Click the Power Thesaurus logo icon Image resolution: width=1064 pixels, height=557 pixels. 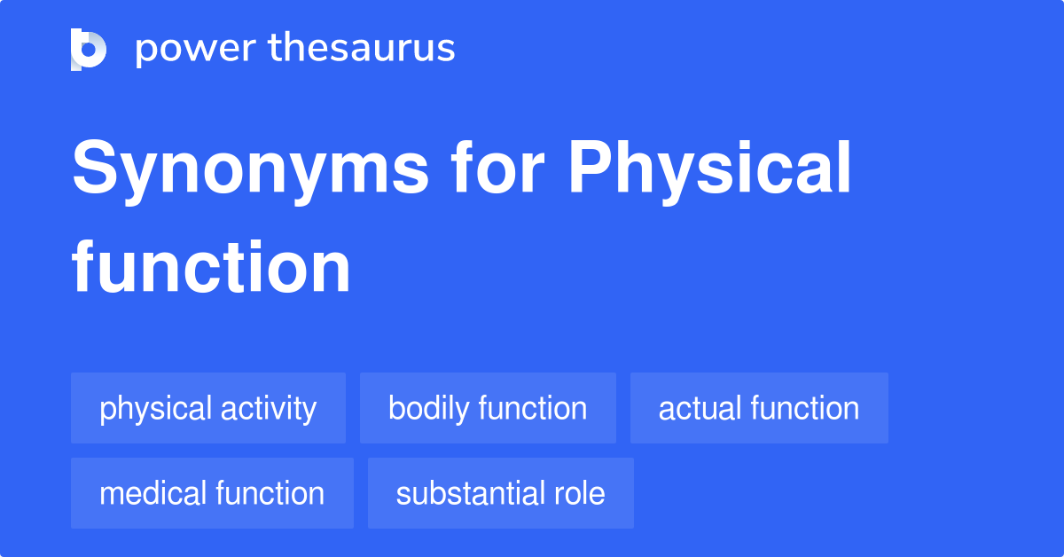89,49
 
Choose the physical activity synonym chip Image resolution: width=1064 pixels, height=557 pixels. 208,408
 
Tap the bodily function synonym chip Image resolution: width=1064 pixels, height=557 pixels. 488,408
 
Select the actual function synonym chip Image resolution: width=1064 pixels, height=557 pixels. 759,408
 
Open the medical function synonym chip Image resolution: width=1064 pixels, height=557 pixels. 212,493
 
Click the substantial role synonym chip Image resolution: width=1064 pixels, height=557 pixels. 501,493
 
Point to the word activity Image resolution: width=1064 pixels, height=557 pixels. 269,409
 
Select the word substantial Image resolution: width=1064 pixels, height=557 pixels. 466,493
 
